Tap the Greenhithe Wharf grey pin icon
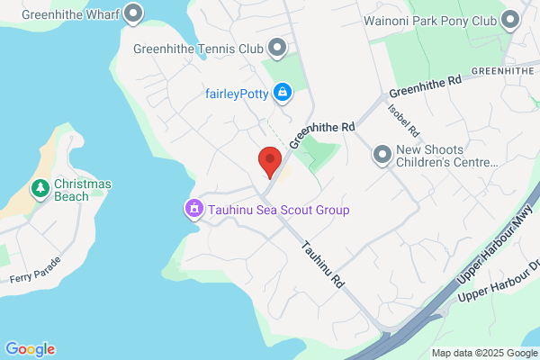[134, 13]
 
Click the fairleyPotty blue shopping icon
[283, 92]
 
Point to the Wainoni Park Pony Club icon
[512, 19]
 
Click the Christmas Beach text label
[83, 190]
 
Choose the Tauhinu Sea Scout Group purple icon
[193, 210]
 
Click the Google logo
[30, 349]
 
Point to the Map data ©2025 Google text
[483, 352]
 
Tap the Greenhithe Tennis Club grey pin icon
[277, 47]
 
